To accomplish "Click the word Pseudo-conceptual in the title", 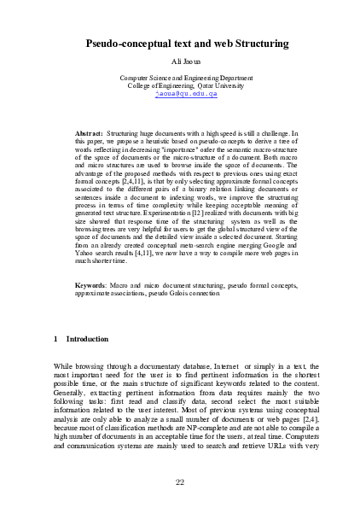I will pos(128,42).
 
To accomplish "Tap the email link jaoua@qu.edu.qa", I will pos(179,94).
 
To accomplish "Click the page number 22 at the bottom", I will pos(180,483).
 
